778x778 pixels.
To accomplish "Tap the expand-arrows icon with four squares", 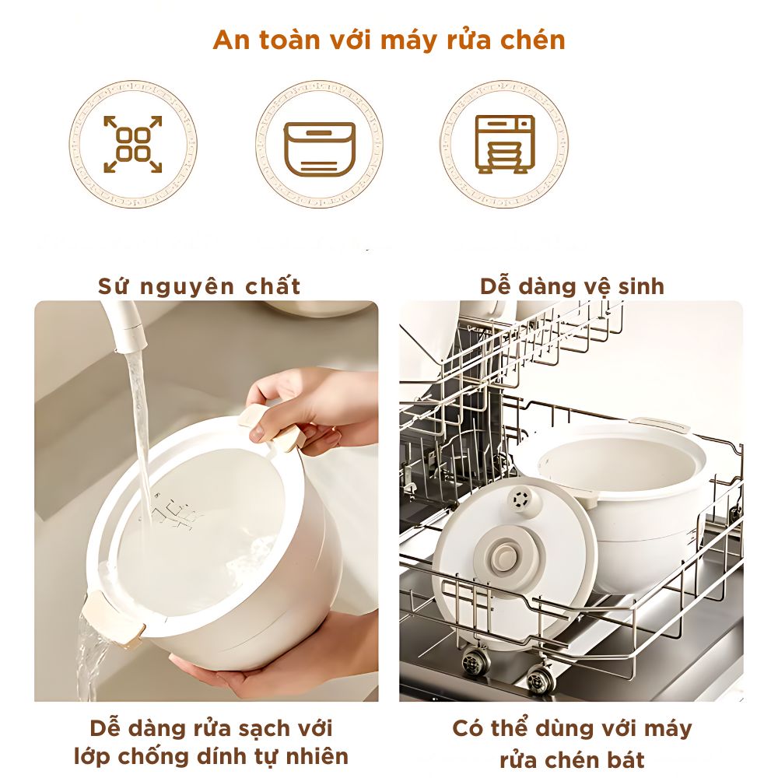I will [x=133, y=145].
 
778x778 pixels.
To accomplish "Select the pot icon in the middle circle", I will [x=319, y=148].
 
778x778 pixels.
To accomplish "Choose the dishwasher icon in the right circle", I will [x=505, y=145].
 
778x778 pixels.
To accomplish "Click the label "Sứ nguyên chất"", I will [x=199, y=286].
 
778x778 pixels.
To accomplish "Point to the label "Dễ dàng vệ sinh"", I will [x=572, y=286].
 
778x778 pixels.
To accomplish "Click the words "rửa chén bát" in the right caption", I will [x=572, y=759].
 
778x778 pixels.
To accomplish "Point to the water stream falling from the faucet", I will [x=140, y=436].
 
